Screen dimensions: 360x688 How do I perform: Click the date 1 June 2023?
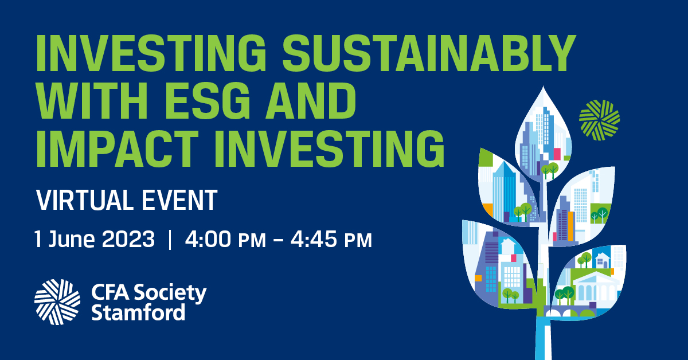tap(95, 239)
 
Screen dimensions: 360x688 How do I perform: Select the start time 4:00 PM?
tap(225, 239)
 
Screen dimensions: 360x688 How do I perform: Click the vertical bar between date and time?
tap(170, 239)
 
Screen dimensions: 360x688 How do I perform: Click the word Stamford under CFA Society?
tap(138, 313)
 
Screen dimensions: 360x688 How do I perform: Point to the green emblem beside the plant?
tap(599, 120)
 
